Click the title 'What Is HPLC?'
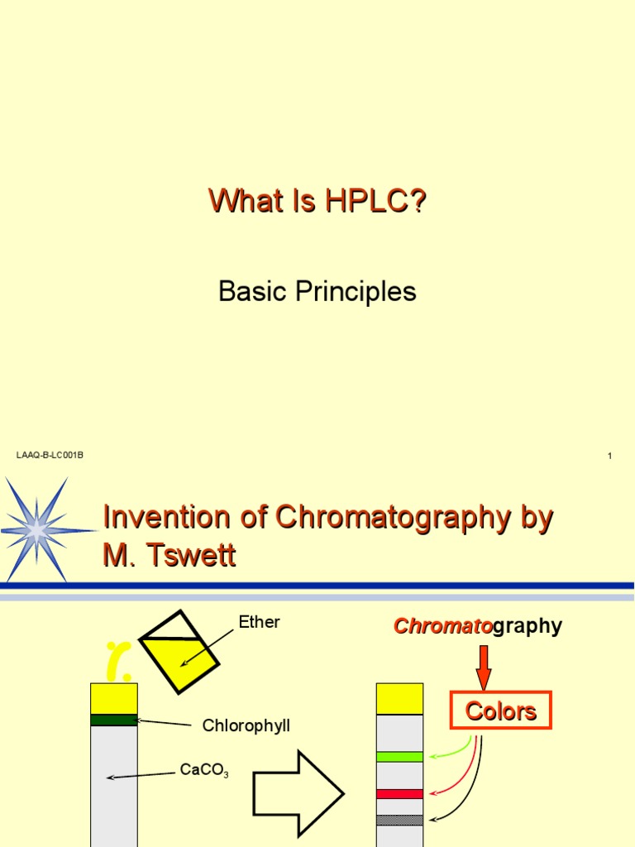(317, 202)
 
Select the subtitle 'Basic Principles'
(317, 291)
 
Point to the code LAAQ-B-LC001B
(50, 456)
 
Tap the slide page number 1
(609, 456)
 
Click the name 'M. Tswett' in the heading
(169, 556)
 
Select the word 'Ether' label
(259, 623)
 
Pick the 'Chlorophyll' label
(246, 725)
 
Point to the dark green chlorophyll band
(114, 720)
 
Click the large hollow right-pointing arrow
(298, 794)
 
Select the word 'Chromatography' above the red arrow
(478, 626)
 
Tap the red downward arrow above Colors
(485, 668)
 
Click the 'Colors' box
(500, 711)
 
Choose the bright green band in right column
(399, 756)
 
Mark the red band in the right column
(399, 794)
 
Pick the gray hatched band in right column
(399, 820)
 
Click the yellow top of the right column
(399, 699)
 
